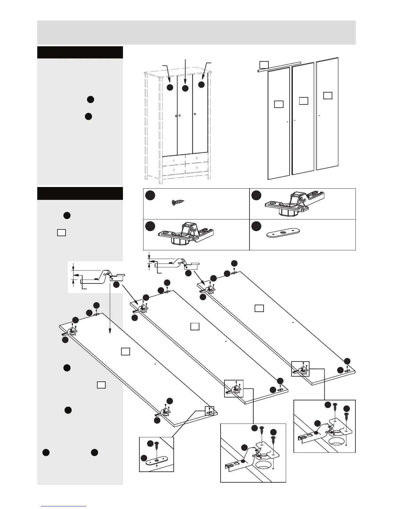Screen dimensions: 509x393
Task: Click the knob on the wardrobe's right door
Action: pos(195,114)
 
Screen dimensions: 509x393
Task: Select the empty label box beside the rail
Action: pos(264,65)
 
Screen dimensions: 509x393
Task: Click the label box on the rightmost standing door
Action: pos(327,95)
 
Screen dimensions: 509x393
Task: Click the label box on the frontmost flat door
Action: pos(126,351)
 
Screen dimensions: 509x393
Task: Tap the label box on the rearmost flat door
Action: pos(259,308)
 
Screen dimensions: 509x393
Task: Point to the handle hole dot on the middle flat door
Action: pos(226,341)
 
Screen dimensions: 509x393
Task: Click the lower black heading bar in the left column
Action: pos(80,193)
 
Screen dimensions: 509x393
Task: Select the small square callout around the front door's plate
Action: pos(209,411)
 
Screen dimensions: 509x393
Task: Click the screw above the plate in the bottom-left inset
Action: pos(156,446)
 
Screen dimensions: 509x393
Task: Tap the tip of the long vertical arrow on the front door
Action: pos(110,332)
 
